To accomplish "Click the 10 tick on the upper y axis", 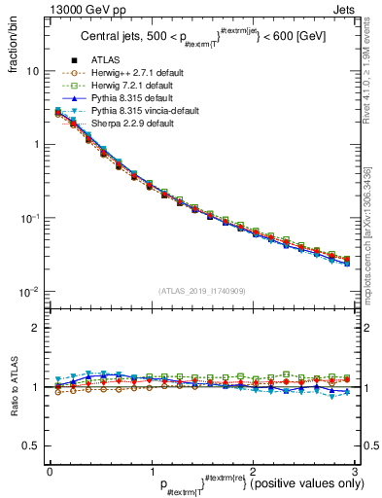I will click(x=32, y=71).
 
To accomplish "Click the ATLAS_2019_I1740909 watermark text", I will click(x=201, y=291).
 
